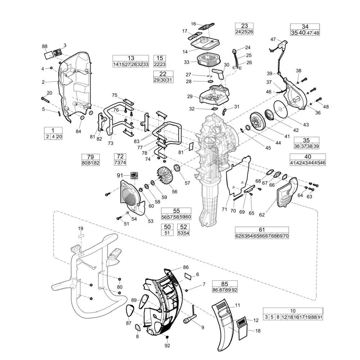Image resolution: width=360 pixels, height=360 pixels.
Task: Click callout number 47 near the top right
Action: point(273,39)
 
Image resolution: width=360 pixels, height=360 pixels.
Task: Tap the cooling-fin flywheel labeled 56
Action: point(165,177)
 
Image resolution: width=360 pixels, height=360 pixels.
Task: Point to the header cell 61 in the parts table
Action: point(262,230)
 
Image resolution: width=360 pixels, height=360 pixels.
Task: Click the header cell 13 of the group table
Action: point(131,58)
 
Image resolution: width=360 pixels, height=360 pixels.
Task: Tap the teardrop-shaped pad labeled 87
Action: point(130,309)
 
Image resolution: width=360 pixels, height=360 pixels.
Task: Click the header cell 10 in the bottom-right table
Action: point(293,311)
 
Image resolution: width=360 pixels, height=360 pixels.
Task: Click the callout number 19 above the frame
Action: point(81,228)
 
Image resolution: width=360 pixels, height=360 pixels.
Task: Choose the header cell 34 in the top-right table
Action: point(305,27)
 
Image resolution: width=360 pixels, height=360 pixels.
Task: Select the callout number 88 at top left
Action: point(45,46)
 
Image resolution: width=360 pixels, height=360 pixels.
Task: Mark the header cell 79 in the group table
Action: point(90,157)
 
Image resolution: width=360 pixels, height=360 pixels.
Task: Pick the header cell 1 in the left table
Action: point(53,130)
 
